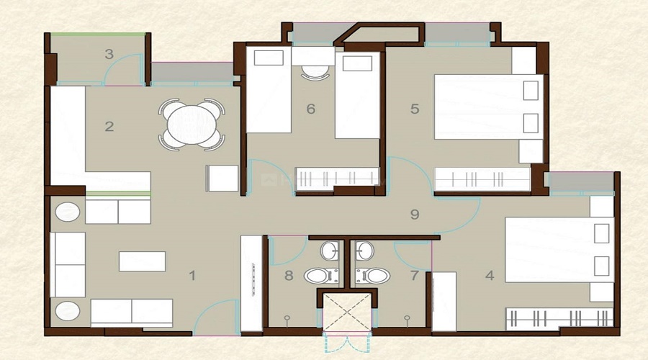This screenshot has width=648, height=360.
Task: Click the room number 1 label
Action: (192, 275)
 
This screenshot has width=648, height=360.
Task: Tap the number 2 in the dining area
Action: (109, 127)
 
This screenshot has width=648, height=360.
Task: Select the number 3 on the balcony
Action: (109, 54)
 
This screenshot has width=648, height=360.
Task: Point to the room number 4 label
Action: (490, 275)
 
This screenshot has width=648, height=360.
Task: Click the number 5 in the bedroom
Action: (414, 109)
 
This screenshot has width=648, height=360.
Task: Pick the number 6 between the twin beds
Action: (310, 109)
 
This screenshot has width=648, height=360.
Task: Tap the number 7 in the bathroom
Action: (414, 275)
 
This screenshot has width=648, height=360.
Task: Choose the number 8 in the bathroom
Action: (289, 275)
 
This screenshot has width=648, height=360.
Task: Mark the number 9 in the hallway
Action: (414, 214)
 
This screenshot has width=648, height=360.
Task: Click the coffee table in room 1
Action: (142, 261)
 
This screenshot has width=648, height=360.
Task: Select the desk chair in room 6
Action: (313, 71)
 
